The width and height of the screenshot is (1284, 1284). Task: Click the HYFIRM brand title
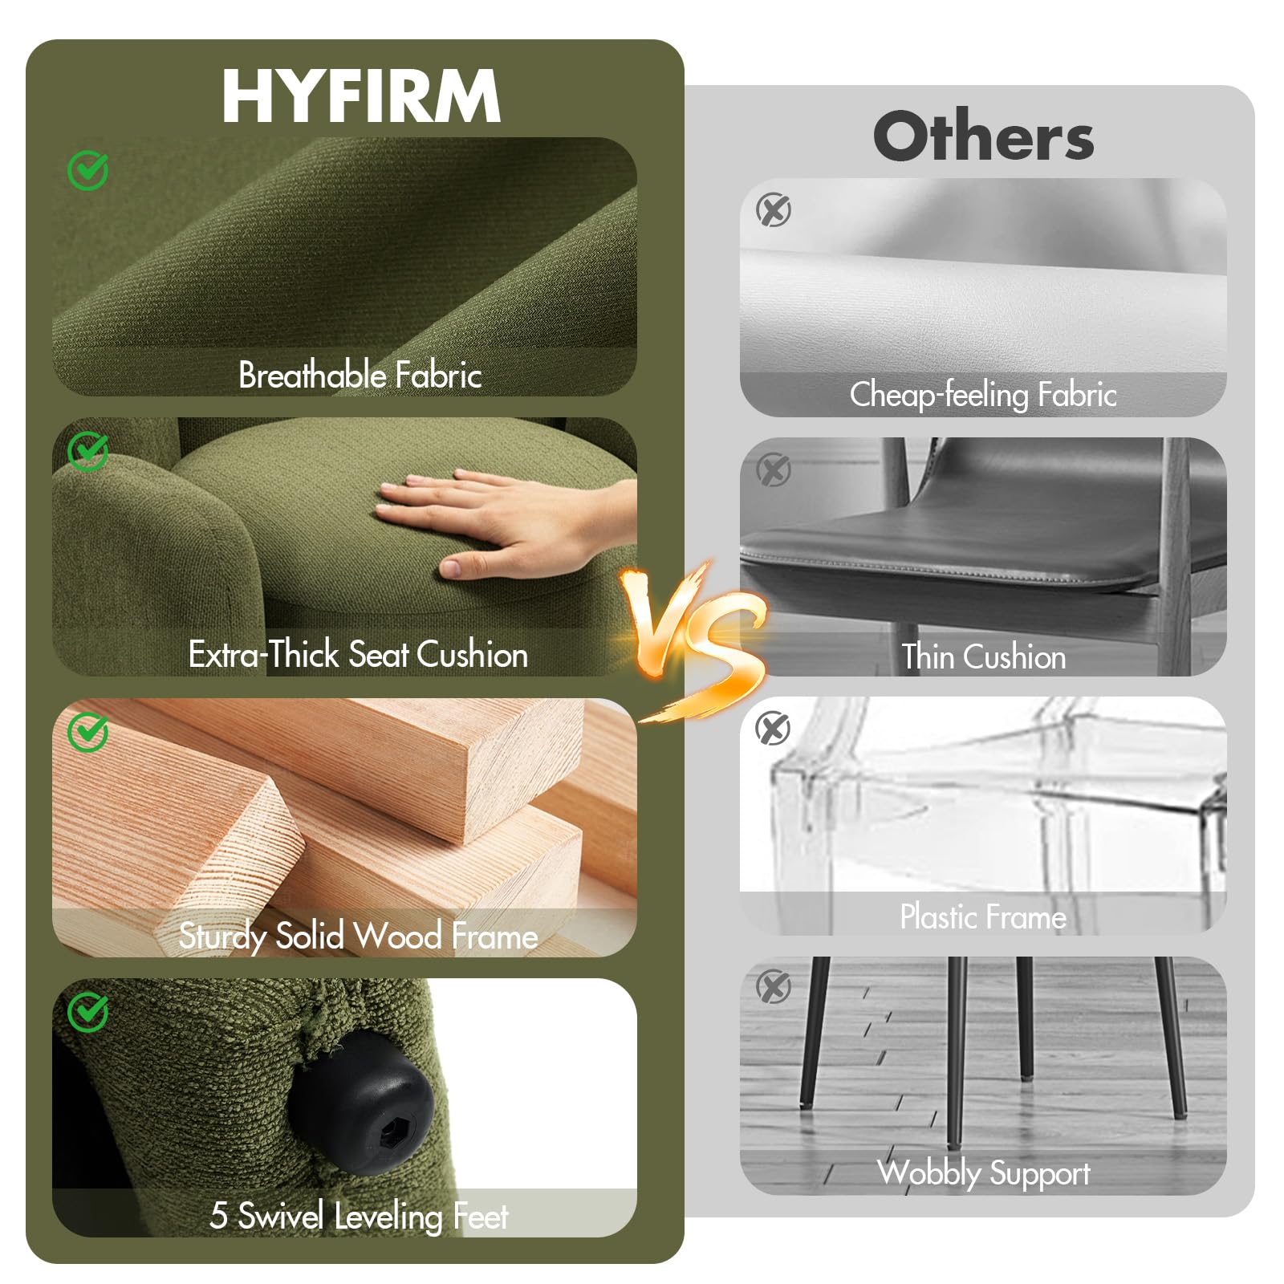pyautogui.click(x=361, y=95)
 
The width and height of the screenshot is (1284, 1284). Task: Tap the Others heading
pyautogui.click(x=984, y=136)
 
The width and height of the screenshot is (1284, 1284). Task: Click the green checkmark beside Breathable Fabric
pyautogui.click(x=88, y=169)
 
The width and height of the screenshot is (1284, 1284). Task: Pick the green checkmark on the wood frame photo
pyautogui.click(x=88, y=731)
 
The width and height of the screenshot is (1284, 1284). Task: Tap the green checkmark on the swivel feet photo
pyautogui.click(x=88, y=1012)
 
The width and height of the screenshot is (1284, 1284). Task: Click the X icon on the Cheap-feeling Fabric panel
pyautogui.click(x=774, y=210)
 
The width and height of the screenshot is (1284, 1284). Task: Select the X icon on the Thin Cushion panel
pyautogui.click(x=774, y=469)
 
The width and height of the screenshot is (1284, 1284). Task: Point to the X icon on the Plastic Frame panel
pyautogui.click(x=774, y=728)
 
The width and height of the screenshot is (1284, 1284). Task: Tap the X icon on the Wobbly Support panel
pyautogui.click(x=774, y=986)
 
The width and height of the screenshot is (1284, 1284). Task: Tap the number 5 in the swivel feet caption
pyautogui.click(x=218, y=1216)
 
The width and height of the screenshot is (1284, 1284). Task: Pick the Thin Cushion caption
pyautogui.click(x=984, y=656)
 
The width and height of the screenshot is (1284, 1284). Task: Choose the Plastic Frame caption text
pyautogui.click(x=983, y=916)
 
